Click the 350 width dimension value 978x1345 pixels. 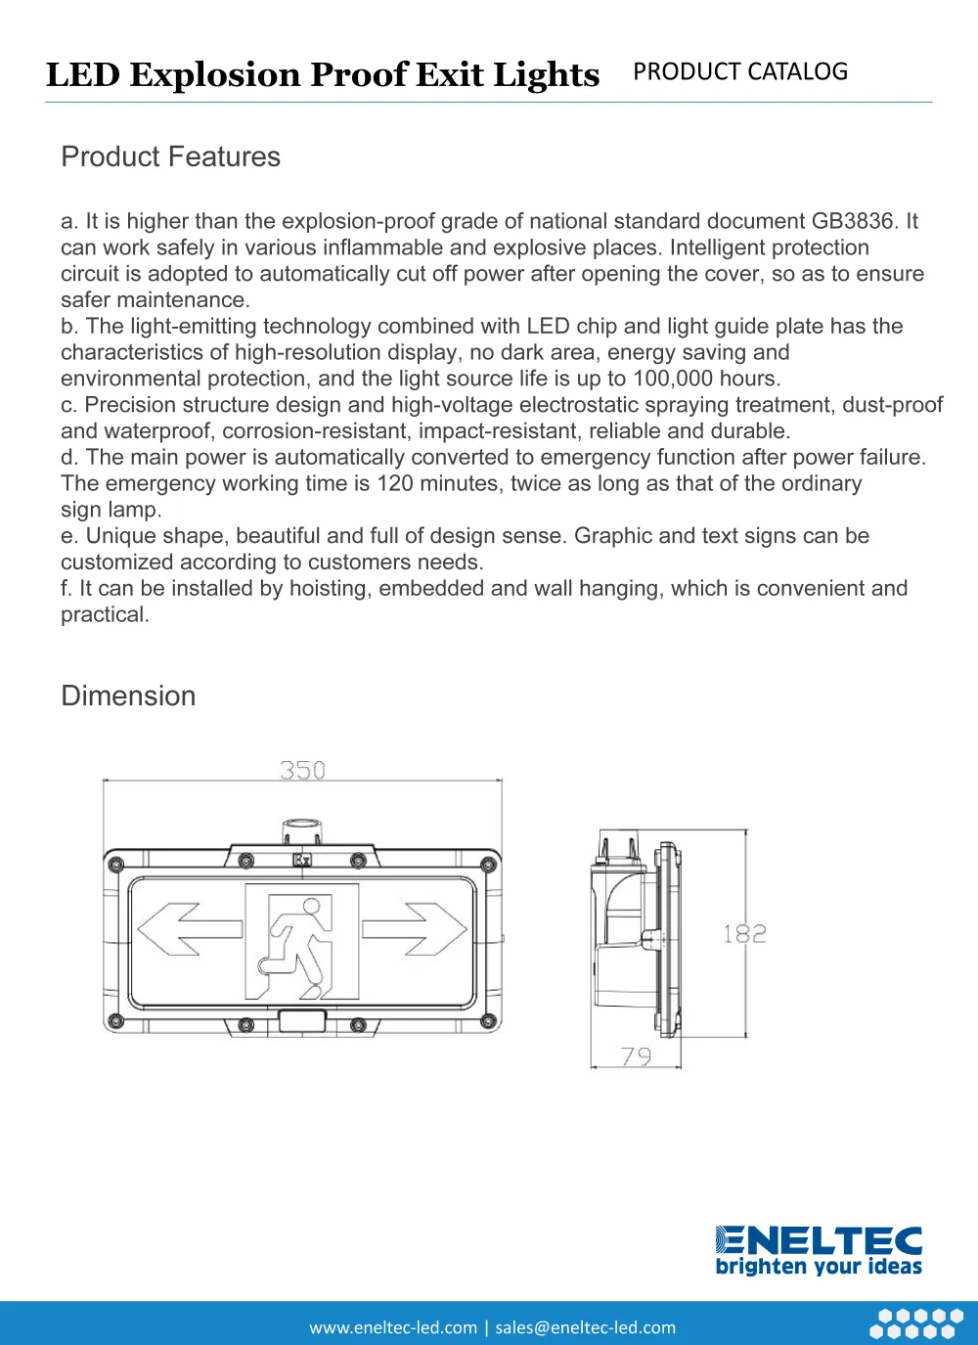pos(302,771)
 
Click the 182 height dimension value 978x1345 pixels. pos(744,934)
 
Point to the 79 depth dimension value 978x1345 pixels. pos(636,1056)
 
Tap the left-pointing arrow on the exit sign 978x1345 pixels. pos(189,929)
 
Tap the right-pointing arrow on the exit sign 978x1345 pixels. pos(415,929)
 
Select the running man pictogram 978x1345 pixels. pos(302,941)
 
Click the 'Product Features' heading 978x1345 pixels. pos(170,157)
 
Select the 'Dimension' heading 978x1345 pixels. pos(128,695)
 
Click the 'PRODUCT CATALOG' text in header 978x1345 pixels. pos(740,71)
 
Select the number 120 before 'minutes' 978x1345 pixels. pos(395,483)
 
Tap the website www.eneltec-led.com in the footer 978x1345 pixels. pos(393,1327)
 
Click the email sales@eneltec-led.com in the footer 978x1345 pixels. pos(585,1327)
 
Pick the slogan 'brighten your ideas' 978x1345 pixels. pos(819,1267)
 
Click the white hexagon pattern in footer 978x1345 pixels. pos(916,1323)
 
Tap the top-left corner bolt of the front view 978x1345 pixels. pos(116,864)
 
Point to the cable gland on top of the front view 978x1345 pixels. pos(302,831)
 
